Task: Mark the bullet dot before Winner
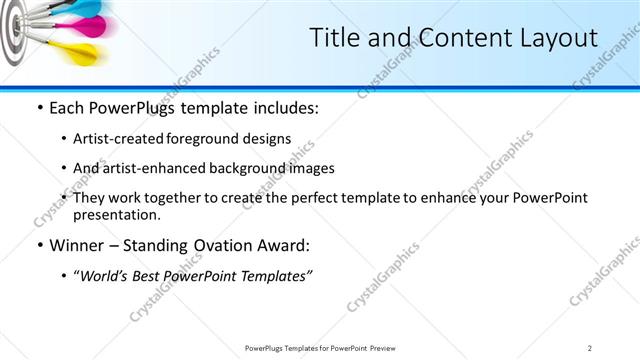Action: tap(38, 246)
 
